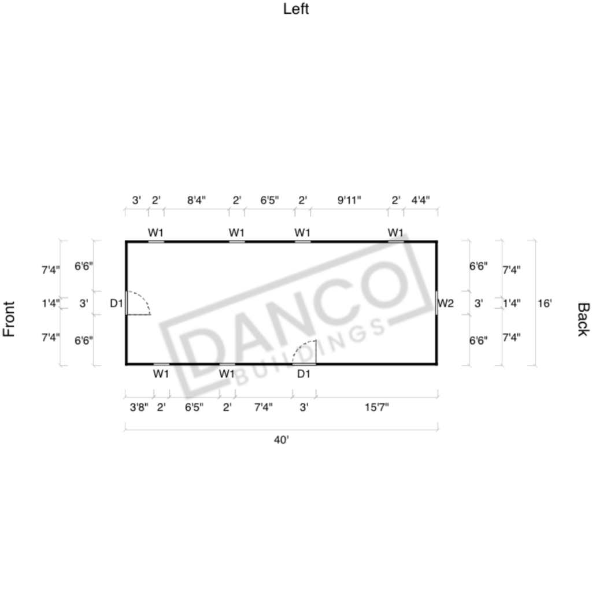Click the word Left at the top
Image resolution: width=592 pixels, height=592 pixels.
(296, 9)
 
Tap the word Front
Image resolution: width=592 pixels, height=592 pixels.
(9, 319)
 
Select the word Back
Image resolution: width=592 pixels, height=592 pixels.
(583, 319)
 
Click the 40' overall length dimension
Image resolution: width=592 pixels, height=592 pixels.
(282, 440)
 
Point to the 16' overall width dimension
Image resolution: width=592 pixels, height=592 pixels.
(545, 303)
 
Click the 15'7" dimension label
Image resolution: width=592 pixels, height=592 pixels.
(376, 408)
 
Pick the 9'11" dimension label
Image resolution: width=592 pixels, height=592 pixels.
(349, 200)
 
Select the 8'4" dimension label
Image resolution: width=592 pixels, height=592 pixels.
(197, 200)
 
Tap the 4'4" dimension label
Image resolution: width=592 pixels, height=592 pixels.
(421, 200)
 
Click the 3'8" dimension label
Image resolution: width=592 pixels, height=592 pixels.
(139, 408)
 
